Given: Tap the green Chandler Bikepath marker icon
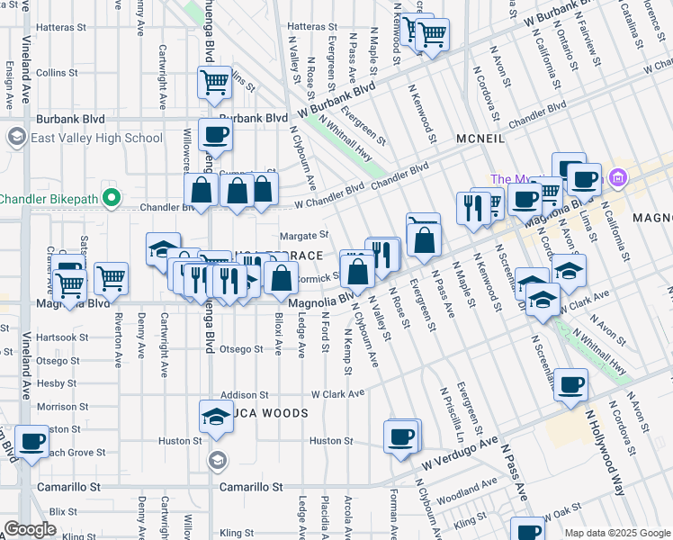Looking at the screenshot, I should [x=112, y=197].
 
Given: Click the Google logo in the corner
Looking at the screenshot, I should [x=30, y=529].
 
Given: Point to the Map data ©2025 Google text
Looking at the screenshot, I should [x=617, y=533].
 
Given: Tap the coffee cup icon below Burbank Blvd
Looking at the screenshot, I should [x=215, y=136].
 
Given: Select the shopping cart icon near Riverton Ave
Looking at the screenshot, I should [x=111, y=279].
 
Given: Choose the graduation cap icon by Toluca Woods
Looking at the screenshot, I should [x=215, y=417].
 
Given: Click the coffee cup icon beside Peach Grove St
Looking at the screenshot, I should [x=32, y=443].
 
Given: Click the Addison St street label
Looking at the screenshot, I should [x=245, y=394].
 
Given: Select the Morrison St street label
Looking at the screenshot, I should [x=57, y=407].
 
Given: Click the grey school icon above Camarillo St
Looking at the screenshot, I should [x=216, y=462].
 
